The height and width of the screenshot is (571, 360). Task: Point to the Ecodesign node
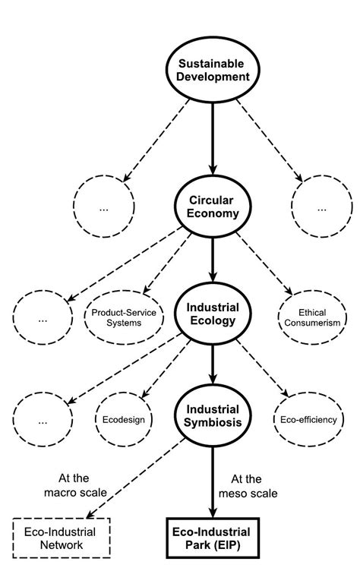[x=123, y=418]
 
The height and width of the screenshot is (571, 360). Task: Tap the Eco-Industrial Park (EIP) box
[x=213, y=538]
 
